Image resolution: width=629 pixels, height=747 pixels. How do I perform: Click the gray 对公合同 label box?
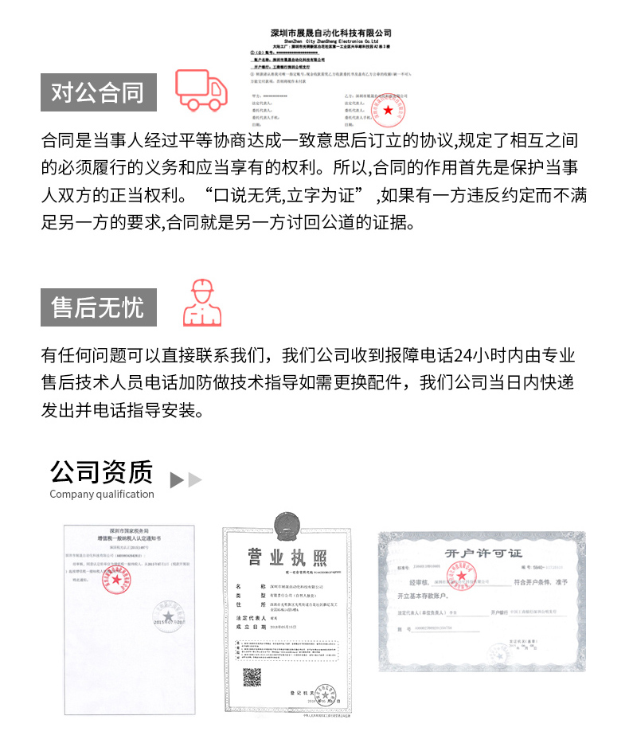(98, 92)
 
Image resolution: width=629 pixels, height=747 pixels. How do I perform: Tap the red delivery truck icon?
(201, 89)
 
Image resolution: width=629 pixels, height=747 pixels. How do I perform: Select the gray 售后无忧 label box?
(98, 306)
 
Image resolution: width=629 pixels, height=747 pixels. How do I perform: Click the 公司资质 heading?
(101, 471)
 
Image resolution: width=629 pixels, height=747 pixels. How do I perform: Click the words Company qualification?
(102, 495)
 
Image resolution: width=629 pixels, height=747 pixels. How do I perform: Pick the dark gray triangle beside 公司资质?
(177, 480)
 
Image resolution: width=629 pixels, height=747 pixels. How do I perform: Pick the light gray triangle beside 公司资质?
(195, 480)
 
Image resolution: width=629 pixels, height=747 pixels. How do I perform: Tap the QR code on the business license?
(252, 678)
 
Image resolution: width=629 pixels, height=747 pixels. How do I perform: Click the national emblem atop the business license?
(286, 526)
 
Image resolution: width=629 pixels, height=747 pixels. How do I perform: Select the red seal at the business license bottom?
(325, 698)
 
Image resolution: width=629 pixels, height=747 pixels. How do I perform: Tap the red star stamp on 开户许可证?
(459, 577)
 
